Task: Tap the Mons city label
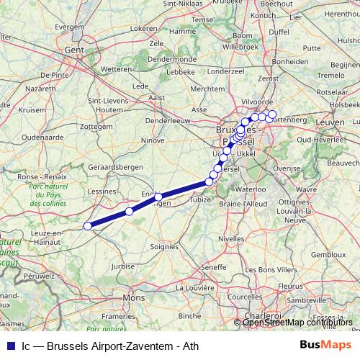click(x=135, y=297)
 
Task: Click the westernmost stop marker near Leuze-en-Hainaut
click(x=88, y=226)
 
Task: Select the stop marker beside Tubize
click(x=209, y=182)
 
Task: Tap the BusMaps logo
click(x=325, y=345)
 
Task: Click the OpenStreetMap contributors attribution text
click(x=297, y=323)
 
